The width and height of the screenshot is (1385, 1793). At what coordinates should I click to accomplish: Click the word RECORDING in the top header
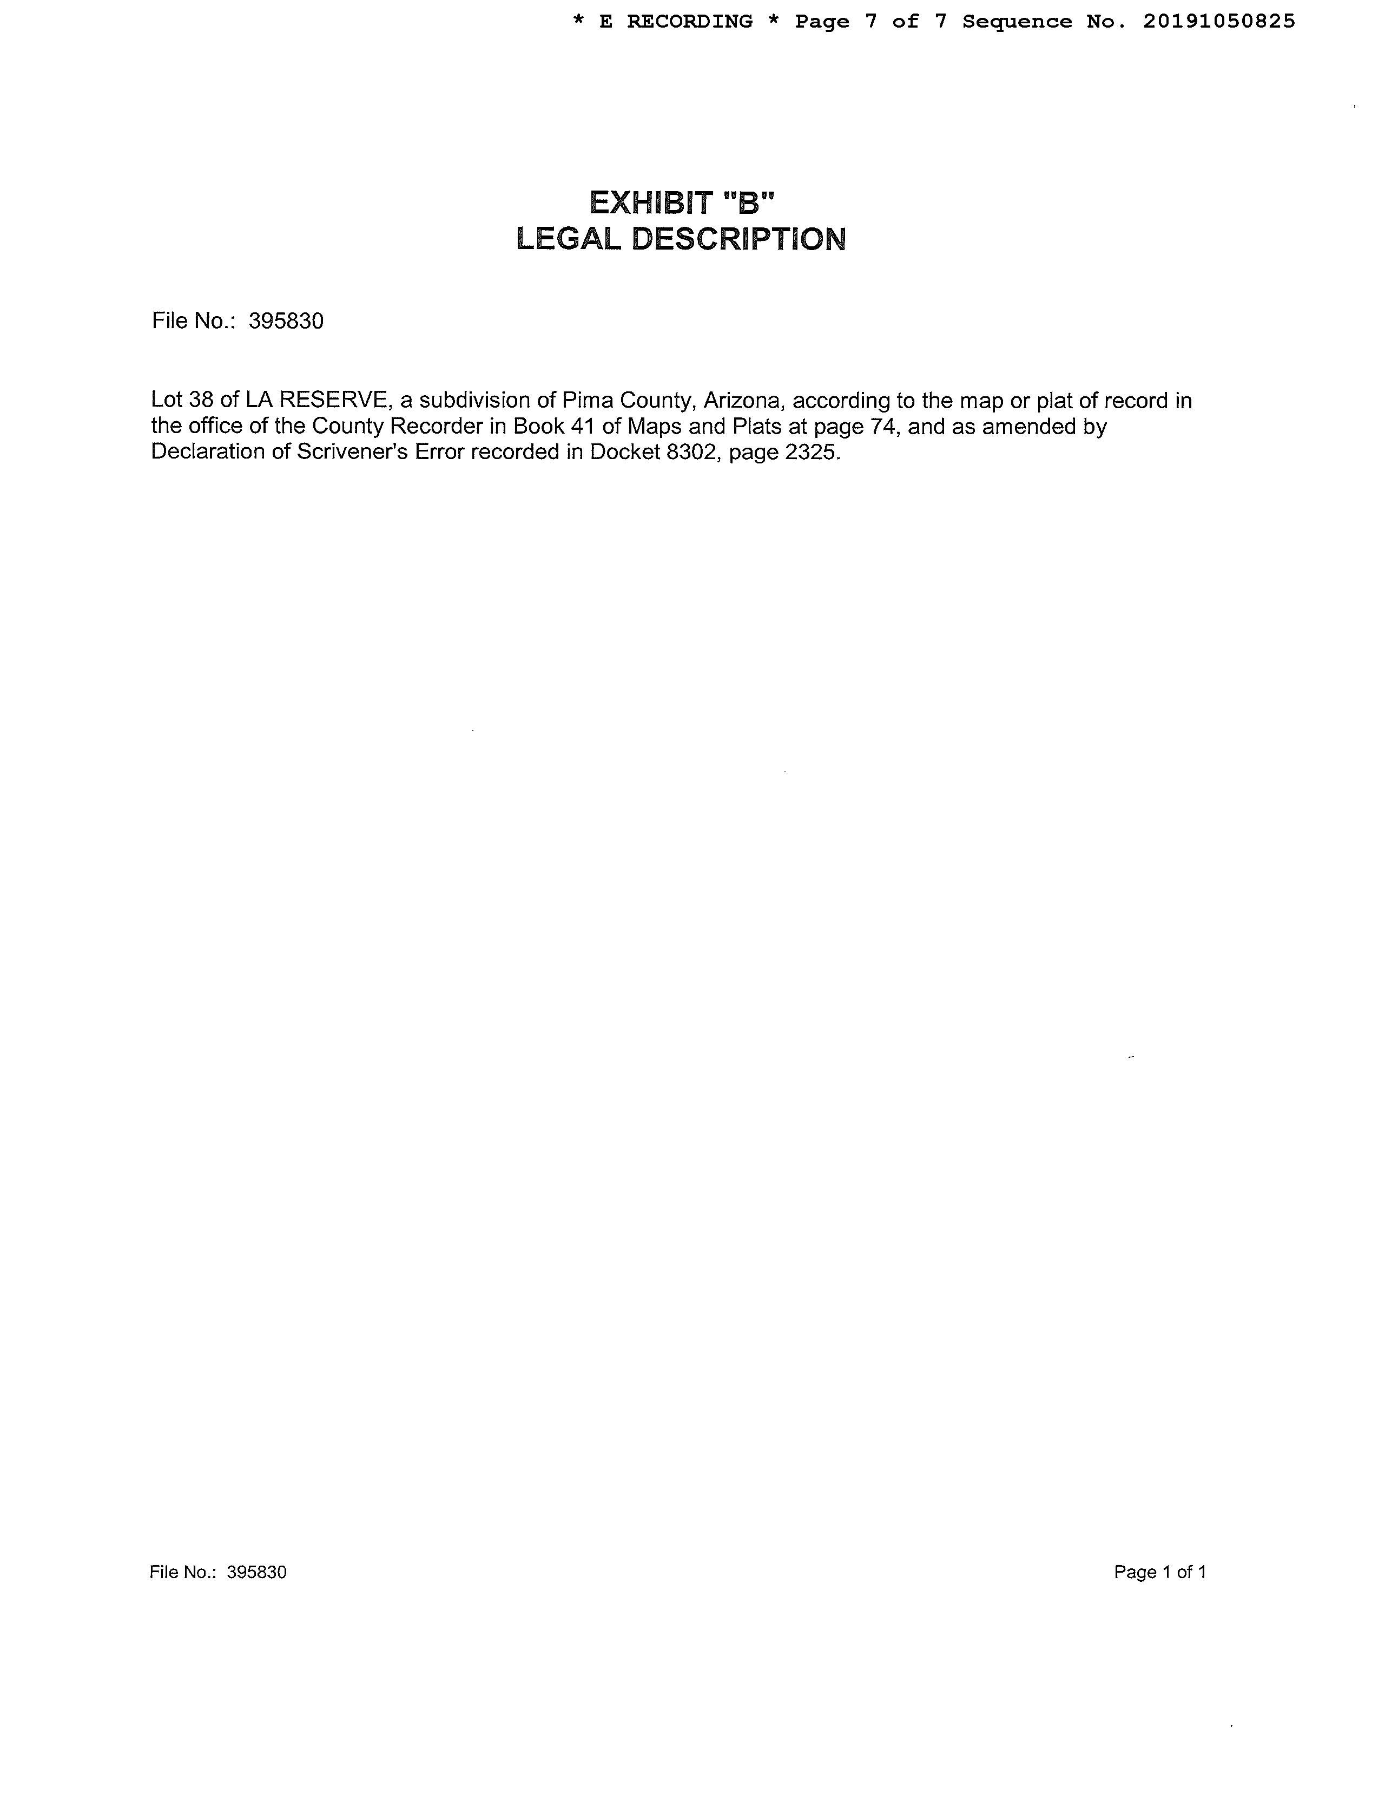tap(689, 21)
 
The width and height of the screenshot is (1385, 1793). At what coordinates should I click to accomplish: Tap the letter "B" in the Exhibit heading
tap(748, 202)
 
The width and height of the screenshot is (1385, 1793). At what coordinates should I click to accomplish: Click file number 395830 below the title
tap(286, 321)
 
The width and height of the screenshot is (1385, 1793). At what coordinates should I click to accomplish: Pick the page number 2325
tap(813, 453)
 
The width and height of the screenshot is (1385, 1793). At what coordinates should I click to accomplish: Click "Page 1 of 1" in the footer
tap(1159, 1572)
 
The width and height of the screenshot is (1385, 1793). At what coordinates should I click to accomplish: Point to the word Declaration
tap(208, 453)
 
